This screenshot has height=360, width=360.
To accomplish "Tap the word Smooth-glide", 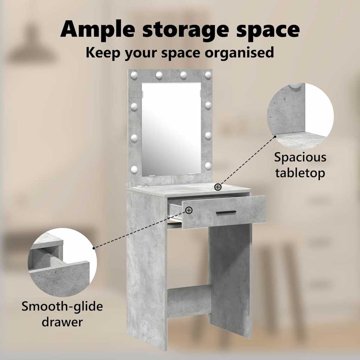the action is (x=62, y=307).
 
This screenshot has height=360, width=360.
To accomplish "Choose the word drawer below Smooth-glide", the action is (x=62, y=322).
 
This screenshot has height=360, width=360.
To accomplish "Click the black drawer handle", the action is (x=226, y=212).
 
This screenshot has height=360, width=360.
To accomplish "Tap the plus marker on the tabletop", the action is (x=218, y=187).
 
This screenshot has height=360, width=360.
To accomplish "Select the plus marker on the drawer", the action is (x=189, y=210).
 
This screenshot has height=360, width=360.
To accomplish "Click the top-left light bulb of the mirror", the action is (x=134, y=75).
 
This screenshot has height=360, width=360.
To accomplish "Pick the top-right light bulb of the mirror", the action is (x=208, y=75).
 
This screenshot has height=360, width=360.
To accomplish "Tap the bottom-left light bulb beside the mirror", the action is (x=134, y=169).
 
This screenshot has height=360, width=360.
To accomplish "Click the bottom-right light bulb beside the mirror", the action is (x=208, y=166).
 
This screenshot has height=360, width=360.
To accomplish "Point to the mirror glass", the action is (x=171, y=129).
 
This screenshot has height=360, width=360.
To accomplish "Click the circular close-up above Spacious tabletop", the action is (x=300, y=116).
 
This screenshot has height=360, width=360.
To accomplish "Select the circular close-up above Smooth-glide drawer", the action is (x=62, y=262).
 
